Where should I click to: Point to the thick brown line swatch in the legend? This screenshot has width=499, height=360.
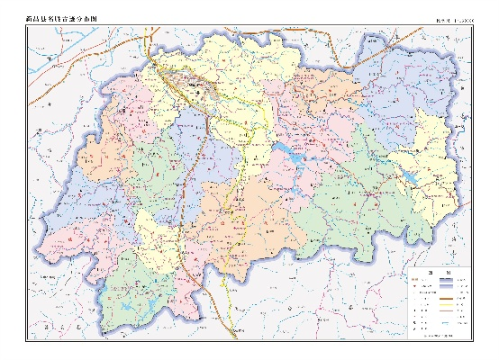(446, 298)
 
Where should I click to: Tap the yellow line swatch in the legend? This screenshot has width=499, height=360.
(446, 305)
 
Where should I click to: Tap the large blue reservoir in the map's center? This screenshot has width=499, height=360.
(291, 151)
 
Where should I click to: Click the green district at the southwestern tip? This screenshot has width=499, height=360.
(135, 297)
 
